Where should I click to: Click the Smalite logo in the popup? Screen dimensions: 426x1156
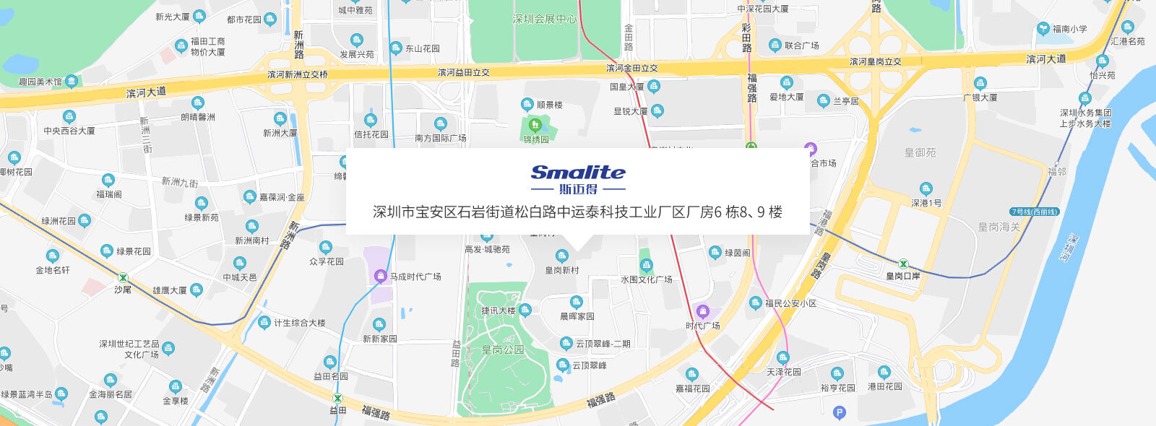(578, 172)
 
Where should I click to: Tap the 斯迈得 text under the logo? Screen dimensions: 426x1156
(578, 189)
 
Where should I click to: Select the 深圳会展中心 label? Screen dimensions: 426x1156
(545, 19)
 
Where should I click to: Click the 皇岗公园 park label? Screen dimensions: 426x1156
(503, 349)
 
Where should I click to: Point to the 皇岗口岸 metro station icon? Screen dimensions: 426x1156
(903, 264)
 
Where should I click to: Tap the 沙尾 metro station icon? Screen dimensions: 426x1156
(123, 277)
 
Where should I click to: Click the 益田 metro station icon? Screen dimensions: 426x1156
(337, 398)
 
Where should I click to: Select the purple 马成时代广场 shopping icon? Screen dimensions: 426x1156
(380, 276)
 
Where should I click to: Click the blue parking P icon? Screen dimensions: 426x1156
(839, 413)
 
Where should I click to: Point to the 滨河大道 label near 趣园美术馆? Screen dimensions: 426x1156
(146, 92)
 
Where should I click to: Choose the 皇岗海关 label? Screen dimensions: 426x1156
(999, 227)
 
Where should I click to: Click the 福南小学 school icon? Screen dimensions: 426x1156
(1043, 29)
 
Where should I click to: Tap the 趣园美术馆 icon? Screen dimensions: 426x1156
(72, 81)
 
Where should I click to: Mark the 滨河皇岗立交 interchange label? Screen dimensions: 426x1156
(875, 61)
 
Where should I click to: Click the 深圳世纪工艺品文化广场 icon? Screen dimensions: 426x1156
(168, 349)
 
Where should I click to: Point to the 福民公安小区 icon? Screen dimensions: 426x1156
(755, 303)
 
